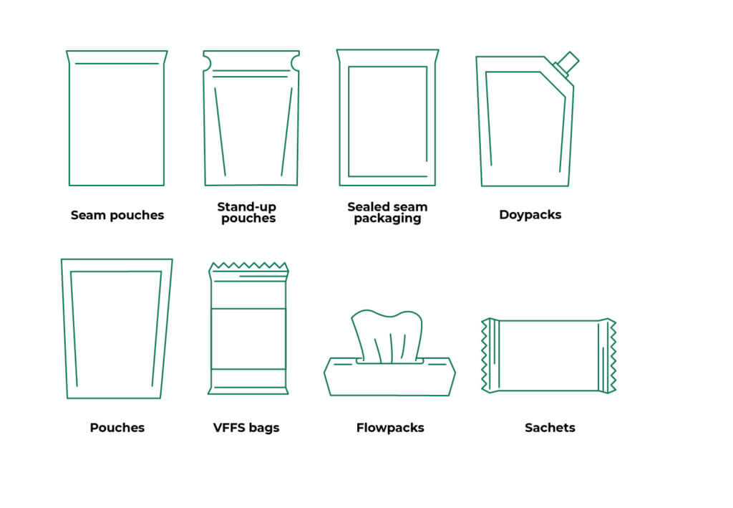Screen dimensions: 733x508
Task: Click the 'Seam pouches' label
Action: pyautogui.click(x=117, y=215)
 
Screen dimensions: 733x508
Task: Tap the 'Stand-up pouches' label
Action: pyautogui.click(x=247, y=213)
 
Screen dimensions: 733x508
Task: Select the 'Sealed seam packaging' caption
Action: pyautogui.click(x=387, y=213)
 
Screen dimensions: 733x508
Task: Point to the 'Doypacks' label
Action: pyautogui.click(x=530, y=215)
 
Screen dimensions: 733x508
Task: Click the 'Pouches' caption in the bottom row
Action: pyautogui.click(x=117, y=428)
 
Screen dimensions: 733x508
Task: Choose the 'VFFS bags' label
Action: pyautogui.click(x=246, y=428)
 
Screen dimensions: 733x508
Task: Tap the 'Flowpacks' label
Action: pyautogui.click(x=390, y=428)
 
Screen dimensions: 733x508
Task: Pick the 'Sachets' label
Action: pyautogui.click(x=550, y=428)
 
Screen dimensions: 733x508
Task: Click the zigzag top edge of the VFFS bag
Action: pyautogui.click(x=248, y=266)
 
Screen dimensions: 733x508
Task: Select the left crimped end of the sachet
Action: pyautogui.click(x=490, y=355)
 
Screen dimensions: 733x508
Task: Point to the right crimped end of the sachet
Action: pyautogui.click(x=608, y=355)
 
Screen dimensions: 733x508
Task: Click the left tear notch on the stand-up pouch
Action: pyautogui.click(x=207, y=62)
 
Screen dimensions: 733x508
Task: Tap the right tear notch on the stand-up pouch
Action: pyautogui.click(x=296, y=62)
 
